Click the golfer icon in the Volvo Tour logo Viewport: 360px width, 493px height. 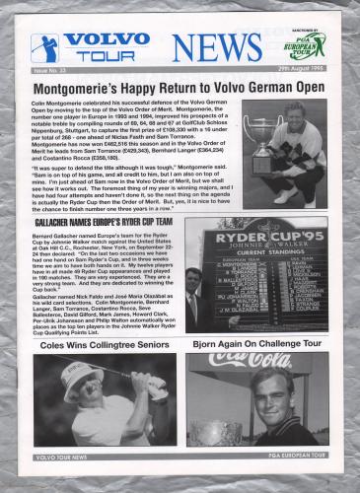pos(44,47)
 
